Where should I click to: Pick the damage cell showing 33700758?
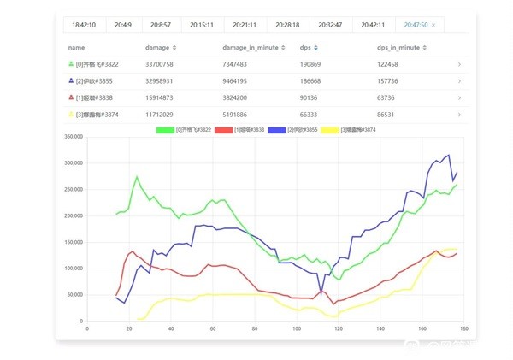click(x=161, y=64)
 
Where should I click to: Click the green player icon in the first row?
click(x=70, y=64)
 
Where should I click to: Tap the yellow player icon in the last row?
click(x=70, y=113)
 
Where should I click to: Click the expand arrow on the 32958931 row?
click(x=459, y=80)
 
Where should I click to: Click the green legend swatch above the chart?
click(x=164, y=129)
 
